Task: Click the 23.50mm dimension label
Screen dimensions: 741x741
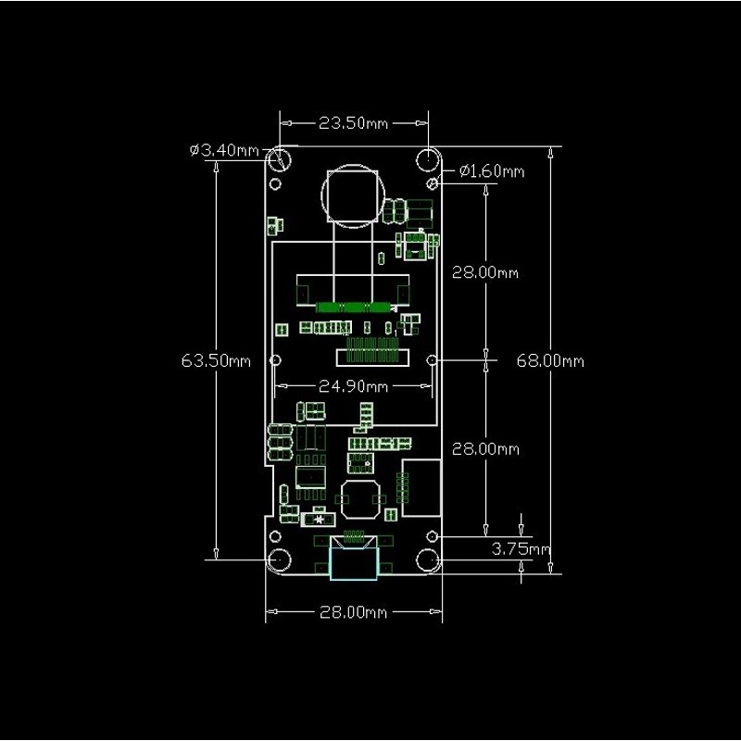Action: (353, 123)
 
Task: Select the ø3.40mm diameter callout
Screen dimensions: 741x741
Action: (224, 150)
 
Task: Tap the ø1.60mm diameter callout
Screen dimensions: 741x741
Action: (492, 170)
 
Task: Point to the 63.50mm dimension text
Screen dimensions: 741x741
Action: (216, 361)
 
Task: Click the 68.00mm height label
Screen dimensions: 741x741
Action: (550, 361)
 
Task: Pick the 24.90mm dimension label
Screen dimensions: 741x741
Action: (353, 386)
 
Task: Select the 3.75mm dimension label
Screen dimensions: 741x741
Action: (521, 549)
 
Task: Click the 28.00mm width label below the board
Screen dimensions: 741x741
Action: (353, 612)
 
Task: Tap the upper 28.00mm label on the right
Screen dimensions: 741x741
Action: (485, 272)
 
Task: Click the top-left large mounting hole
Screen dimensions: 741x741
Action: (280, 158)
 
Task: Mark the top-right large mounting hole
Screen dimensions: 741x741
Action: (428, 158)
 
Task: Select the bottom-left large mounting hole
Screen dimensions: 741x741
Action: (280, 560)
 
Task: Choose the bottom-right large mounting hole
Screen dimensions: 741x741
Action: (428, 560)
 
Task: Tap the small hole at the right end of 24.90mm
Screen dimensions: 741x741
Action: (432, 360)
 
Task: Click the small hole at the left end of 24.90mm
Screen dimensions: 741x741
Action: (275, 360)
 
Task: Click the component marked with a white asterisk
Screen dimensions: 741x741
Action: (318, 520)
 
